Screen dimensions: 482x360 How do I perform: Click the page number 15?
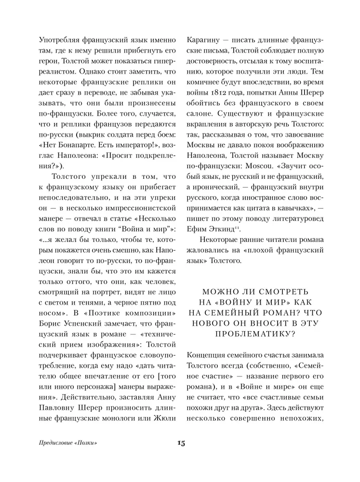[x=180, y=443]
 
